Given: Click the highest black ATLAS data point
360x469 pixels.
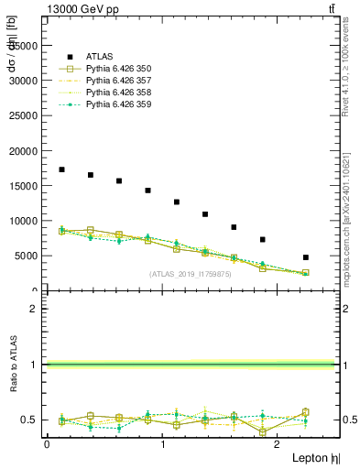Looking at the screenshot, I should (x=61, y=169).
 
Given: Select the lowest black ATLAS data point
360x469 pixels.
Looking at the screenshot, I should (x=306, y=257).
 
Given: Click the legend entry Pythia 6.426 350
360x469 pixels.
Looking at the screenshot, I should (x=119, y=68).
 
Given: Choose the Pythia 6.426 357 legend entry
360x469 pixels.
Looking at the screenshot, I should (x=119, y=80).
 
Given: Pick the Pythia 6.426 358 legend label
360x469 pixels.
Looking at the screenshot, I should (x=119, y=92).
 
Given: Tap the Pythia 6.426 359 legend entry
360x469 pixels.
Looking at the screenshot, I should (x=119, y=104).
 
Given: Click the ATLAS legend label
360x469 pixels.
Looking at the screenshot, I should (x=100, y=56).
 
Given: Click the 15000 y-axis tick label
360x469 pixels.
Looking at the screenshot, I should (x=24, y=186).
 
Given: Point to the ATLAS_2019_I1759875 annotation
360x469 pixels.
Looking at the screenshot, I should (x=191, y=274).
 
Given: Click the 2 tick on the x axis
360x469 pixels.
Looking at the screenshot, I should (x=278, y=444).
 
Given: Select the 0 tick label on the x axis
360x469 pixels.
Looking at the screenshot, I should (x=47, y=444).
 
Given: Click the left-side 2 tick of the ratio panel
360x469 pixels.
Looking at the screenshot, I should (x=35, y=309).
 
